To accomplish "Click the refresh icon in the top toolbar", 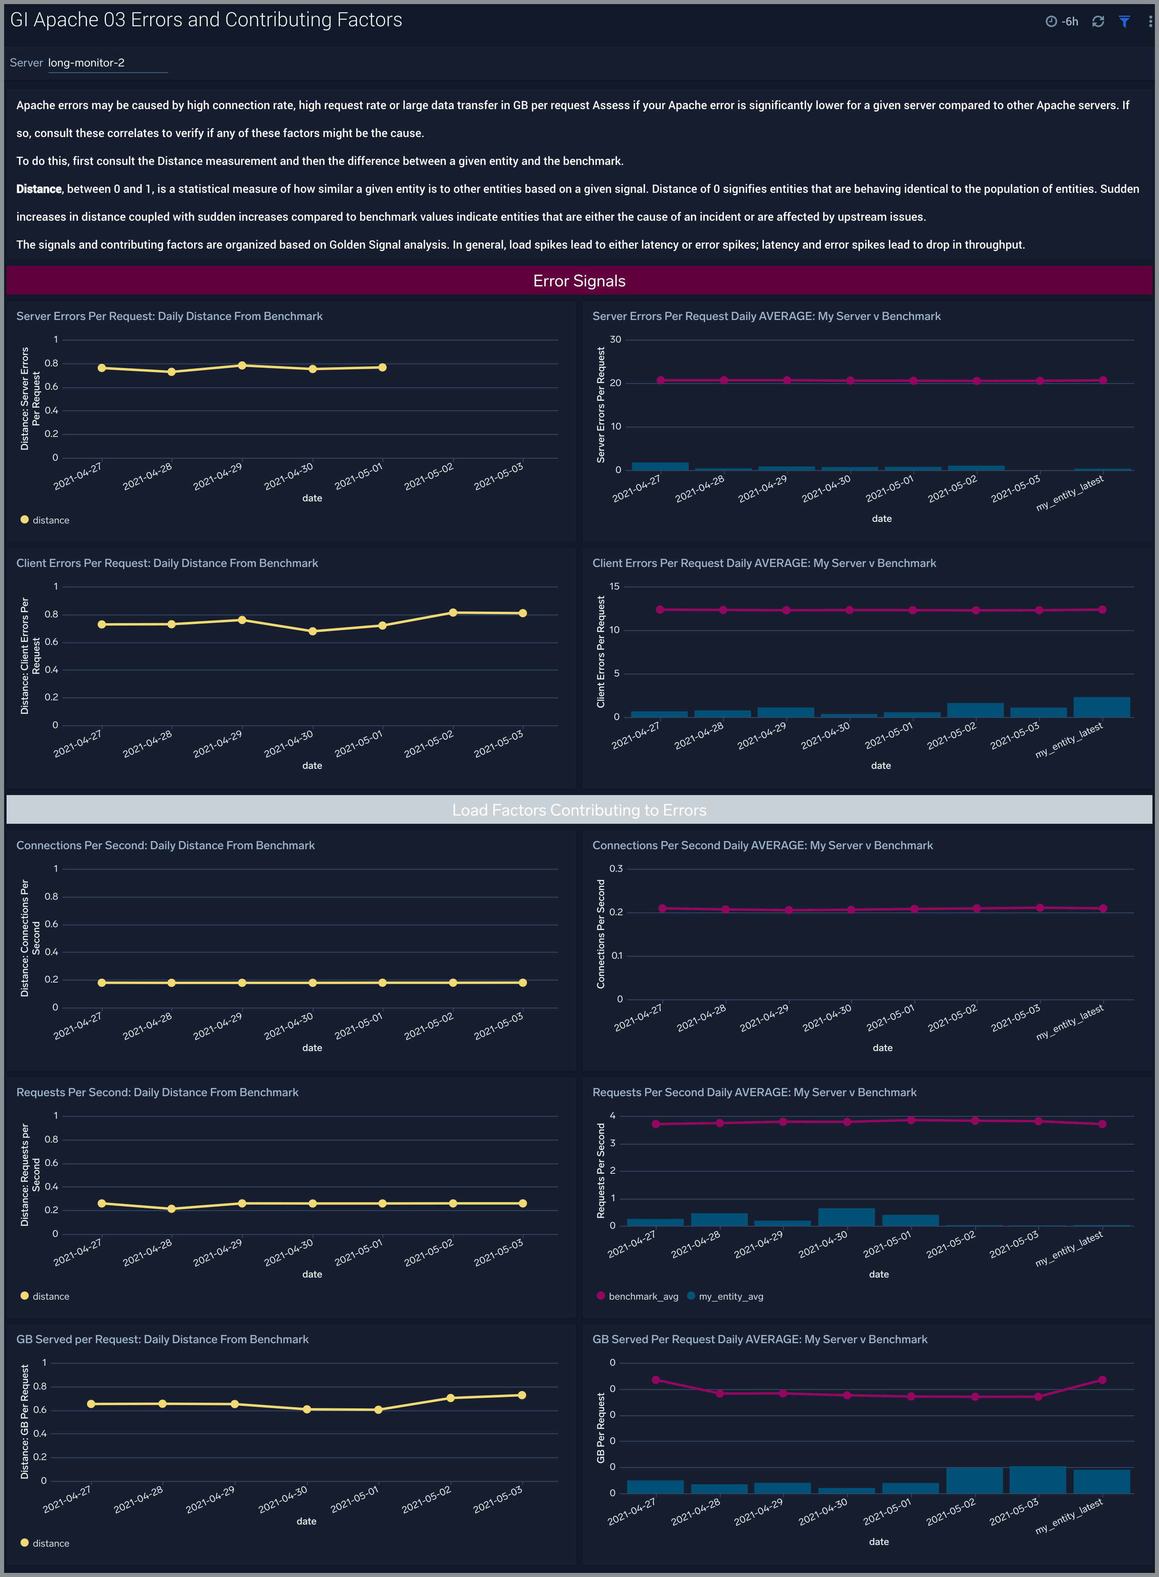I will [x=1098, y=22].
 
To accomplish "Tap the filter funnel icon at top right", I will [x=1124, y=22].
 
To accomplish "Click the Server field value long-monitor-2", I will [x=86, y=62].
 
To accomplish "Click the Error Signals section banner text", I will [x=579, y=281].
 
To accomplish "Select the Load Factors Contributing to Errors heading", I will [x=579, y=810].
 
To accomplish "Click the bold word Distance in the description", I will [x=39, y=189].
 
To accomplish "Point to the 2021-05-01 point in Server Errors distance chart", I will [x=383, y=368].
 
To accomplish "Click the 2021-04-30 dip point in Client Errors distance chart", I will [x=312, y=631].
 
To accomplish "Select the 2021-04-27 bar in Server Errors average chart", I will [x=660, y=466].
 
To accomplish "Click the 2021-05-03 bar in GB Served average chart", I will [x=1038, y=1480].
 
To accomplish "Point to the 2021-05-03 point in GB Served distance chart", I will [x=521, y=1395].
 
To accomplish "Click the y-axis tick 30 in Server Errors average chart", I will [x=615, y=339].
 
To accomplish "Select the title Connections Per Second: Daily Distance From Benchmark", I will [x=165, y=846].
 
